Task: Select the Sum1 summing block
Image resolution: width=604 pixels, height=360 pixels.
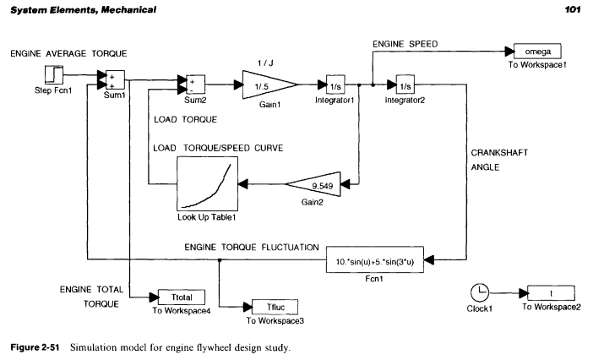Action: pos(114,80)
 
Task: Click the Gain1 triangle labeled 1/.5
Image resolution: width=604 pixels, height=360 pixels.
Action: pos(266,85)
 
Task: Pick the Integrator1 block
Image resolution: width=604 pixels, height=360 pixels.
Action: pos(337,85)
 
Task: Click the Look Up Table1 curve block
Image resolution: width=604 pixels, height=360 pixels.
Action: pos(206,183)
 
